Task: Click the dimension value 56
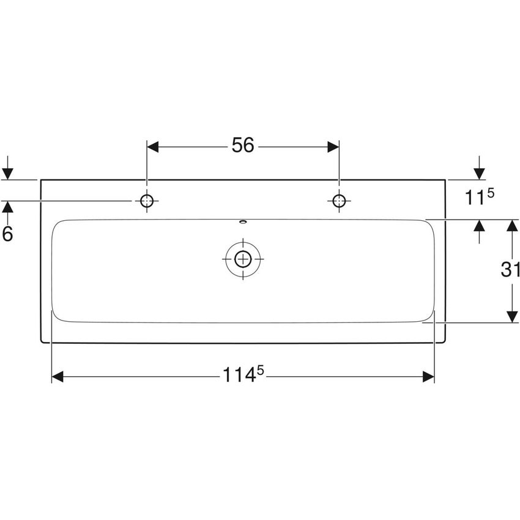click(242, 146)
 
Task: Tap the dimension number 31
click(510, 269)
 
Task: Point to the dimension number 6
click(7, 233)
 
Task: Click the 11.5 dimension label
click(479, 197)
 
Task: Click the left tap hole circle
click(147, 201)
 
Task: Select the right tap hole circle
click(338, 201)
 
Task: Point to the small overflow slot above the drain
click(243, 222)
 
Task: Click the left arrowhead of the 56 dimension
click(153, 147)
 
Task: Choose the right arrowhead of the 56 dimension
click(333, 147)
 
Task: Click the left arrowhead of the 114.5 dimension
click(58, 377)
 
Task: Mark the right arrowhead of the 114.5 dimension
click(428, 377)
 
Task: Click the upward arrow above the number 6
click(7, 209)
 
